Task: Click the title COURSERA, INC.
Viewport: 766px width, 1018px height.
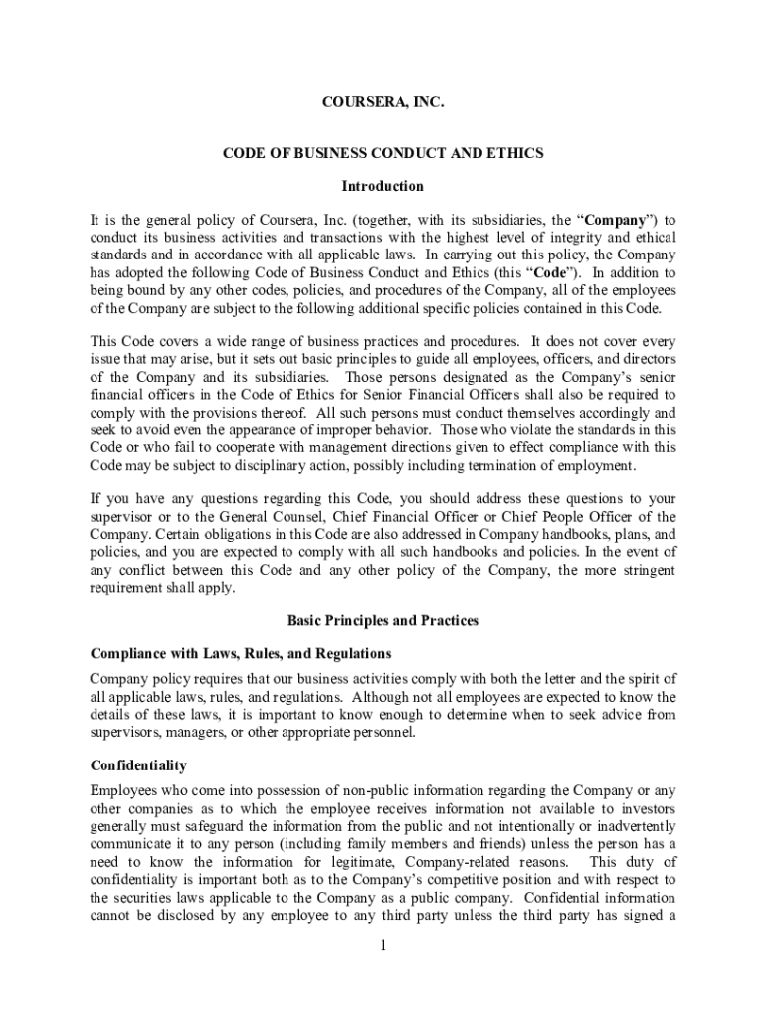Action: tap(383, 103)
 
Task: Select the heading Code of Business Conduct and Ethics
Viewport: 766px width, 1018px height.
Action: tap(383, 154)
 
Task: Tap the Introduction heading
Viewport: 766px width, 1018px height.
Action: tap(383, 186)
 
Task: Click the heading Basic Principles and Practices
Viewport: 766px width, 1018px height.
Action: tap(383, 620)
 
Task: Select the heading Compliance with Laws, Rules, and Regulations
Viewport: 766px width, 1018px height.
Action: tap(241, 653)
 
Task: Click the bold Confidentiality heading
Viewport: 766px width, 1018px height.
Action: tap(139, 765)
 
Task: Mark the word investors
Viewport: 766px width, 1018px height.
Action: tap(647, 808)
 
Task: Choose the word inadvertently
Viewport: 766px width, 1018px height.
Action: tap(627, 826)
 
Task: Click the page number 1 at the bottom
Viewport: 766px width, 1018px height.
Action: tap(383, 944)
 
